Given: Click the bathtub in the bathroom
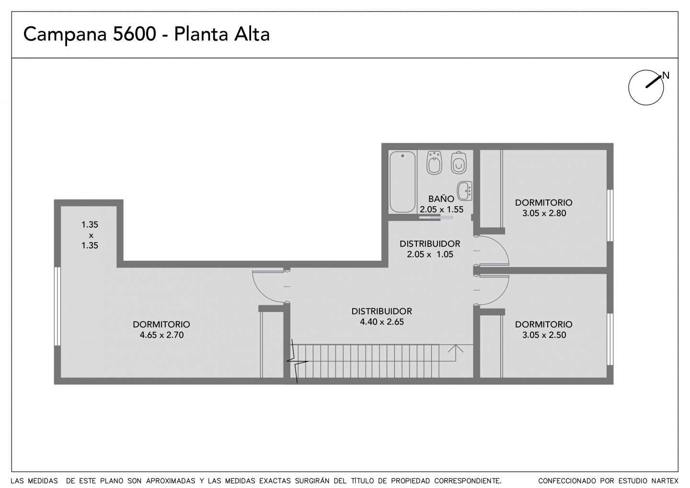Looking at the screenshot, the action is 402,182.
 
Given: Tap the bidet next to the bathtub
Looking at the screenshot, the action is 434,163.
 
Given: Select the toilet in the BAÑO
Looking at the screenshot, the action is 459,163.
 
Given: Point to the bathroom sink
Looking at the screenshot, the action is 464,191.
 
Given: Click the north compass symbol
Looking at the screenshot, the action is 646,88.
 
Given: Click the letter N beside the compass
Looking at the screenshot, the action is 666,75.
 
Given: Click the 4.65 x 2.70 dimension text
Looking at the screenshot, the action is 162,335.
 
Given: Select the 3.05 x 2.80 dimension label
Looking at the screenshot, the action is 544,213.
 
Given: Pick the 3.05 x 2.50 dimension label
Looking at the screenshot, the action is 544,335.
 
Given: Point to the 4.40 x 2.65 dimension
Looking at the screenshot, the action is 381,322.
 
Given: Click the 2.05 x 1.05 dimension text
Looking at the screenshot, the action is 430,254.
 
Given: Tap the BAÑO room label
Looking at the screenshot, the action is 441,198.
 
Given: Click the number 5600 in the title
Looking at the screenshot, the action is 135,34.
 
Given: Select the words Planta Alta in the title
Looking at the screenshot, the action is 222,34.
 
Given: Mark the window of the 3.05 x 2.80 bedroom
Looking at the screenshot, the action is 610,215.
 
